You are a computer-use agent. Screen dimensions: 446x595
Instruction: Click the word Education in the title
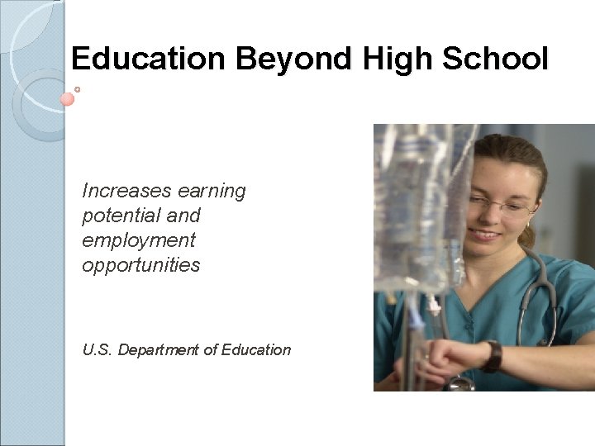[x=148, y=59]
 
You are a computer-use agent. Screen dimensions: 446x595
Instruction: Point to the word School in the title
[x=496, y=59]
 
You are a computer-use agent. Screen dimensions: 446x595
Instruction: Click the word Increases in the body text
[x=121, y=192]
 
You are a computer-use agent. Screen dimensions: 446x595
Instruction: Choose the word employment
[x=139, y=241]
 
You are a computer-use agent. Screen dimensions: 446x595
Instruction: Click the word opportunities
[x=141, y=265]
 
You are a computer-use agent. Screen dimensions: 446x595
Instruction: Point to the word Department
[x=159, y=350]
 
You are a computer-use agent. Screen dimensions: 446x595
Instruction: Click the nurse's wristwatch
[x=493, y=356]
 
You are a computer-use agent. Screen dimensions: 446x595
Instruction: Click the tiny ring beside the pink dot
[x=77, y=88]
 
